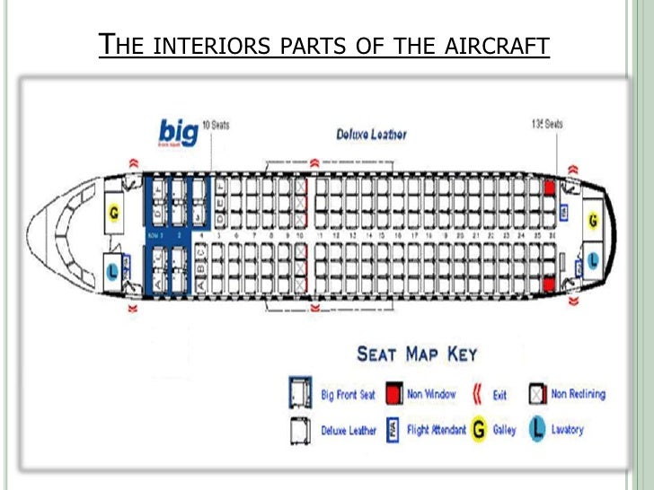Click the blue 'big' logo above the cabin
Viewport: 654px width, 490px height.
coord(178,133)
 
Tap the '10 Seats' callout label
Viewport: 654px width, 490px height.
coord(216,125)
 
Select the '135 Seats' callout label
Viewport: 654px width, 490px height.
coord(547,124)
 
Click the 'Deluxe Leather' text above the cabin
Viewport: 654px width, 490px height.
coord(371,135)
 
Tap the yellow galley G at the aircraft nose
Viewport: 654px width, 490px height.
coord(114,214)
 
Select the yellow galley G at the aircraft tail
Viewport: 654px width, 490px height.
coord(592,220)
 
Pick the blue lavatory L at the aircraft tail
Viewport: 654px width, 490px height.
coord(593,261)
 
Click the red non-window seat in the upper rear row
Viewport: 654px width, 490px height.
coord(549,188)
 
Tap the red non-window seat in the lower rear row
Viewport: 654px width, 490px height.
coord(549,285)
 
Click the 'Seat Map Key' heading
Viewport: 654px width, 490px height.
coord(417,354)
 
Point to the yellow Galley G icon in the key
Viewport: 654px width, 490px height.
coord(478,430)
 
